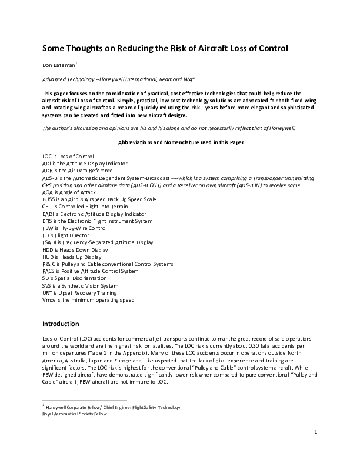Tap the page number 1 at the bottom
316,432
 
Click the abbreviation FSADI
49,242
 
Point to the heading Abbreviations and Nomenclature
179,142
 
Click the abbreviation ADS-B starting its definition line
51,178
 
